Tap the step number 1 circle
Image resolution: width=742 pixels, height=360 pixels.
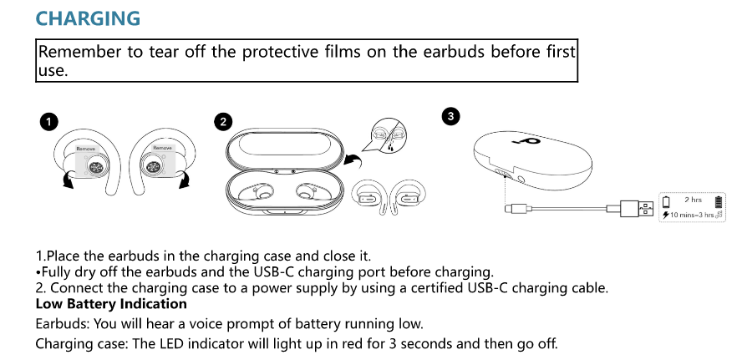49,122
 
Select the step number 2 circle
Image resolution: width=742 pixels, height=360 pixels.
222,122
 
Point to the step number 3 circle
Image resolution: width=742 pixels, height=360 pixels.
451,117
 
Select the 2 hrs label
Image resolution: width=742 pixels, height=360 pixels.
693,200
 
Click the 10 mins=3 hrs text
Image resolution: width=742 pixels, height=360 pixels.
693,215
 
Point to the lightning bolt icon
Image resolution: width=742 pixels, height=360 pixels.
666,215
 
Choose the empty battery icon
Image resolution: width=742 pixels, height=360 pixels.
666,201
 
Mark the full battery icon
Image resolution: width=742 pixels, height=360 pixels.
719,200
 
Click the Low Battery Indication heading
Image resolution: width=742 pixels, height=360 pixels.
111,304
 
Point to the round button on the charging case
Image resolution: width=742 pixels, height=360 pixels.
522,179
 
